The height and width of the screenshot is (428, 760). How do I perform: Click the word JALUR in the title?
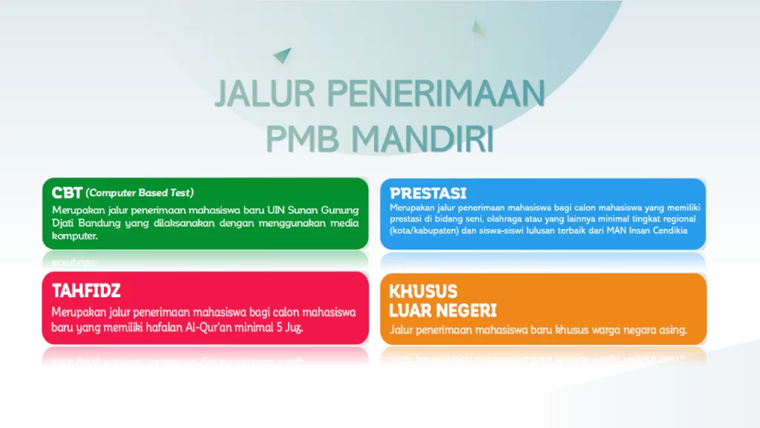tap(265, 93)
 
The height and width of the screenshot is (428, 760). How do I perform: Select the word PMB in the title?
tap(302, 139)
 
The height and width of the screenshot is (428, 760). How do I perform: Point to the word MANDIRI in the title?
tap(422, 139)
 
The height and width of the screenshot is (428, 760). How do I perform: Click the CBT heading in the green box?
tap(67, 192)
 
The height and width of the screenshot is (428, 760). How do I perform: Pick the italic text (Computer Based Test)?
tap(140, 192)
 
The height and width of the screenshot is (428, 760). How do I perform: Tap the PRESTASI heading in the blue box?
tap(428, 193)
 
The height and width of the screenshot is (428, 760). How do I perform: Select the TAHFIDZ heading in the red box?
tap(86, 291)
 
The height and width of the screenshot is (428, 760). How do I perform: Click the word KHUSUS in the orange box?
tap(423, 291)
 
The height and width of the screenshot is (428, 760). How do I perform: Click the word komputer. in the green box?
tap(75, 236)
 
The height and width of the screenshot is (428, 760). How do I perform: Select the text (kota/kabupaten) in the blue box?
tap(424, 230)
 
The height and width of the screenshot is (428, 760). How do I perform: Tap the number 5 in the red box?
tap(280, 328)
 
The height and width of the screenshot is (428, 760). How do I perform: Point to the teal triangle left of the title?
tap(283, 54)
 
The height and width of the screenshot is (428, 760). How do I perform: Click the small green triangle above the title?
tap(477, 28)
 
